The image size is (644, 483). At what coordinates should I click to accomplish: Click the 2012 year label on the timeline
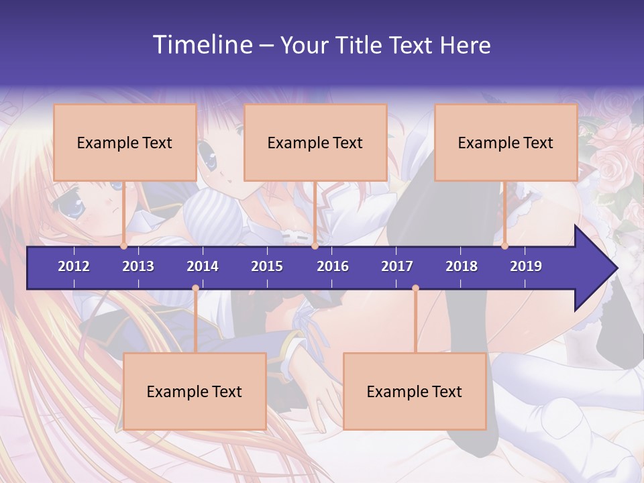[x=74, y=266]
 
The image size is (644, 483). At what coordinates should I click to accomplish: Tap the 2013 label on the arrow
[x=138, y=266]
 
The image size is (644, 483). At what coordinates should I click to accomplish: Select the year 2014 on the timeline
[x=203, y=266]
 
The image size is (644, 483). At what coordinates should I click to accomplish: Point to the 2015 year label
[x=267, y=266]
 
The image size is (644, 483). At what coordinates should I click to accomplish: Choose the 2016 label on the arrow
[x=333, y=266]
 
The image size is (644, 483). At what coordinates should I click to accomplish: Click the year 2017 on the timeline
[x=397, y=266]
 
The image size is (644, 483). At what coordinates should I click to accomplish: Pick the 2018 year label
[x=462, y=266]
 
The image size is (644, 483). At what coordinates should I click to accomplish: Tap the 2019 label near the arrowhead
[x=526, y=266]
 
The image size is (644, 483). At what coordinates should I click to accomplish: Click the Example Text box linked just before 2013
[x=125, y=142]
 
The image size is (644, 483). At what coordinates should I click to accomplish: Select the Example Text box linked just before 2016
[x=315, y=142]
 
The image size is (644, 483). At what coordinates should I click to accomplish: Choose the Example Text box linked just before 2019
[x=506, y=142]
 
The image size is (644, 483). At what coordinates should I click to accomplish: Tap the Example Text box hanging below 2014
[x=195, y=391]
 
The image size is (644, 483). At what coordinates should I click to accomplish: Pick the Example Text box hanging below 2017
[x=415, y=391]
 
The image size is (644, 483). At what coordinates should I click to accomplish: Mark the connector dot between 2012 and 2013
[x=124, y=246]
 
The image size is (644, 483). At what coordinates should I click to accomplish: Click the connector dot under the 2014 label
[x=195, y=288]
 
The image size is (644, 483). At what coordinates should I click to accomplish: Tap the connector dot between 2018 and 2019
[x=505, y=246]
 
